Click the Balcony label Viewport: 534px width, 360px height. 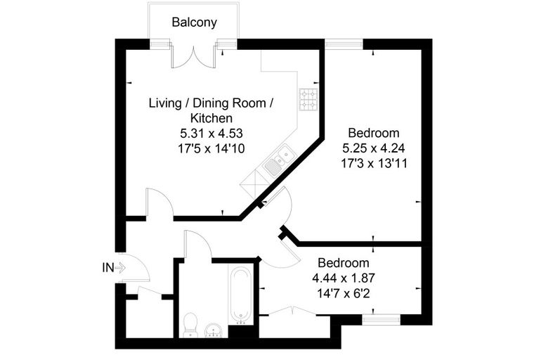(194, 22)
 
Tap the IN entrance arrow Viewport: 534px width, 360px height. (120, 268)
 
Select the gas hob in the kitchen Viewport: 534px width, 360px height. (308, 99)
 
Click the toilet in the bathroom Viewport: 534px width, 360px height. (190, 325)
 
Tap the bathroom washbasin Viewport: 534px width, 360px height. (214, 330)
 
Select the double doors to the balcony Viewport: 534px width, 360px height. (194, 58)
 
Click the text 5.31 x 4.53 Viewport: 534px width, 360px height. (211, 133)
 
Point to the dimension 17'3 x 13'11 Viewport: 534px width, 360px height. (374, 164)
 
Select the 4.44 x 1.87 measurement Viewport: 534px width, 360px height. (344, 278)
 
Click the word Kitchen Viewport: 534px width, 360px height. (211, 118)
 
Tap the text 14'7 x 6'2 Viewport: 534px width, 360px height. (344, 293)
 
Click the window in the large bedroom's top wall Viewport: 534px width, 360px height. (344, 44)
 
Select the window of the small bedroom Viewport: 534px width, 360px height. (381, 319)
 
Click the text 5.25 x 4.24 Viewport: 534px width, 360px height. (374, 148)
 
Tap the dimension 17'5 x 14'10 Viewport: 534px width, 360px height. (211, 148)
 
